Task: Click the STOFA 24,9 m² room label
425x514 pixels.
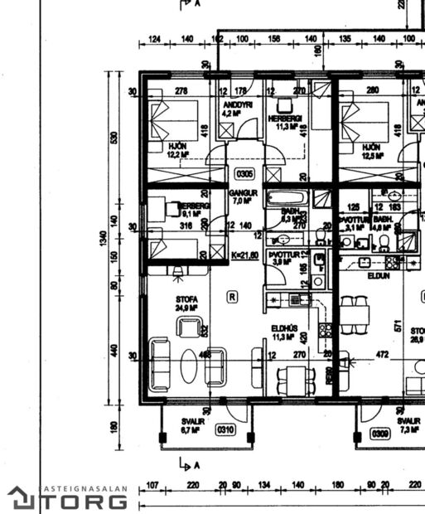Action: pyautogui.click(x=186, y=303)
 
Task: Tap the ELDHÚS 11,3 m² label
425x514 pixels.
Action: pyautogui.click(x=284, y=332)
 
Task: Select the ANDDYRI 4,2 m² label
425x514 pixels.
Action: pyautogui.click(x=237, y=109)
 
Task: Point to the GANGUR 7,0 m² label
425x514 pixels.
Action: pyautogui.click(x=244, y=197)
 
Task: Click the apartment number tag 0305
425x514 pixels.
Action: pyautogui.click(x=244, y=174)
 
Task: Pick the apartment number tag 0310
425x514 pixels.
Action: pyautogui.click(x=225, y=430)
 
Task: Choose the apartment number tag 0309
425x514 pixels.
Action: pyautogui.click(x=380, y=434)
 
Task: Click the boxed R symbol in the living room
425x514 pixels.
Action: pyautogui.click(x=233, y=296)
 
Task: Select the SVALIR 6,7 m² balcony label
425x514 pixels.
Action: pyautogui.click(x=192, y=426)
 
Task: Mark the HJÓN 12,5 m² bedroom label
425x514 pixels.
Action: pyautogui.click(x=373, y=150)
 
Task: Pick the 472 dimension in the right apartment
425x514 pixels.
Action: pyautogui.click(x=383, y=355)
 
